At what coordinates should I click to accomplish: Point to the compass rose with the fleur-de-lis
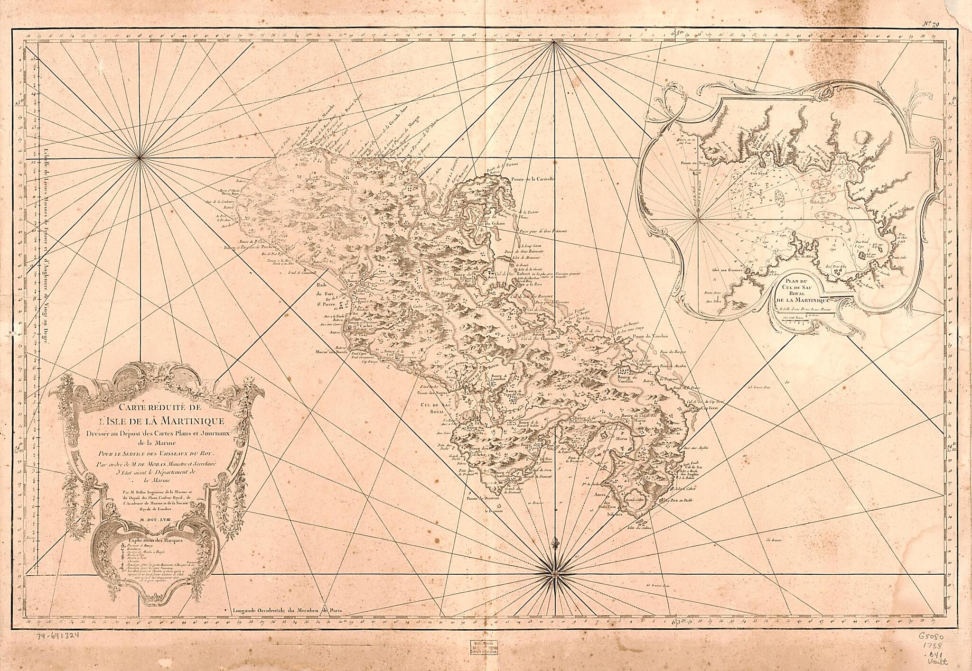[554, 575]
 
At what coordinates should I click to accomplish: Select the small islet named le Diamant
[493, 512]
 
